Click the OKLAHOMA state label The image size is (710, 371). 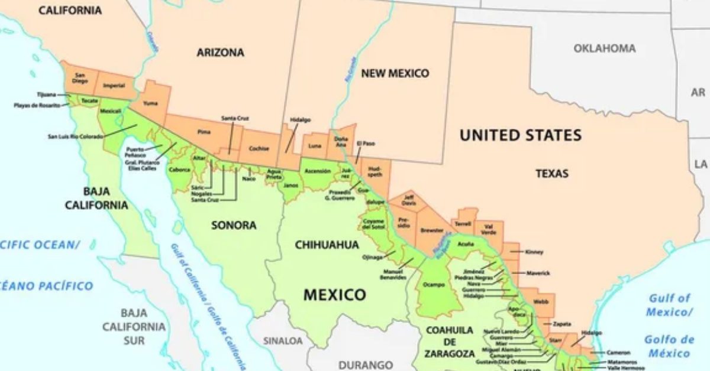(x=604, y=48)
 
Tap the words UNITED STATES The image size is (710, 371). (x=521, y=135)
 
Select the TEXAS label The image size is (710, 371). (x=551, y=174)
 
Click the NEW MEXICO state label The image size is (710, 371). (x=395, y=73)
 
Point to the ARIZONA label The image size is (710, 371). (x=220, y=53)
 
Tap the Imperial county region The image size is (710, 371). (x=114, y=86)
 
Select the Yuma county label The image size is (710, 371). (x=151, y=103)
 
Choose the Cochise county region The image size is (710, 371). (x=259, y=148)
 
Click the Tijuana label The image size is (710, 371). (x=46, y=94)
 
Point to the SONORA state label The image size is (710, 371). (x=234, y=225)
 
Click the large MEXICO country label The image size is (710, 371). (x=334, y=294)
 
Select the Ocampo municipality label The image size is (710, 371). (x=434, y=284)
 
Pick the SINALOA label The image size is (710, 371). (x=282, y=341)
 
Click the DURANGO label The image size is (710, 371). (x=366, y=365)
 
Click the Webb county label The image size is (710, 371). (x=540, y=301)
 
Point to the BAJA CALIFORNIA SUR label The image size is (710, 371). (x=134, y=327)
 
